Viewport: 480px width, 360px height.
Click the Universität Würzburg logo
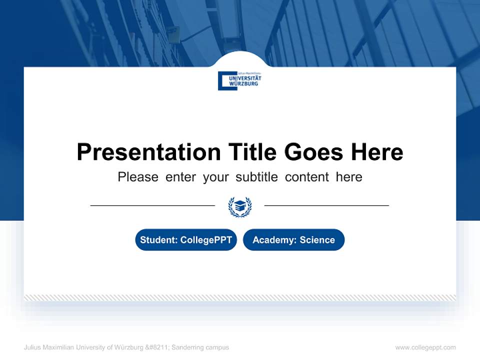click(239, 80)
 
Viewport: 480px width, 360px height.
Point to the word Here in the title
click(376, 152)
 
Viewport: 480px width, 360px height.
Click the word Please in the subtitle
click(138, 177)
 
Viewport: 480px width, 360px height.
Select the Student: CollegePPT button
click(186, 240)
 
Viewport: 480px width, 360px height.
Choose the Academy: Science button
click(293, 240)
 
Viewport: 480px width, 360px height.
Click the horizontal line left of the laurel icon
click(152, 205)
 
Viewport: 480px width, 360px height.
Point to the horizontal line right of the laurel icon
click(326, 205)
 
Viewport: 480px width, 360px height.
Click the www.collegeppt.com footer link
click(425, 347)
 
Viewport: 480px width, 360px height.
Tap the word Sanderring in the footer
click(188, 347)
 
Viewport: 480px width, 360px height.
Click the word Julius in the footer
click(32, 347)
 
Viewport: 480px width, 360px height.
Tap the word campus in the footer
click(217, 347)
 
